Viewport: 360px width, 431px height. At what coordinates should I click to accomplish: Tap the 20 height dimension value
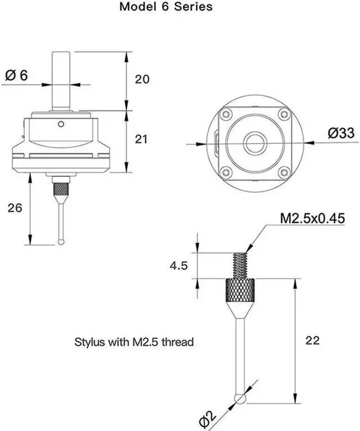(x=142, y=79)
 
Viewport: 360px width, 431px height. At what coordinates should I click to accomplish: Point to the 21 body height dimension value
(x=142, y=138)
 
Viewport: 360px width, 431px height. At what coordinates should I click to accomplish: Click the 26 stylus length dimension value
(x=15, y=208)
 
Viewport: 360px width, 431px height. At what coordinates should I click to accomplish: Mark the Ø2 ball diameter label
(x=209, y=417)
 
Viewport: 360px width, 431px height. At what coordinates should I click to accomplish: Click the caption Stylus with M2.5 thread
(x=134, y=342)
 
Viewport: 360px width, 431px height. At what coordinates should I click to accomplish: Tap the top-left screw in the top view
(x=226, y=114)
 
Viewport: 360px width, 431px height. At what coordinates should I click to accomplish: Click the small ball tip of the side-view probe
(x=61, y=241)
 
